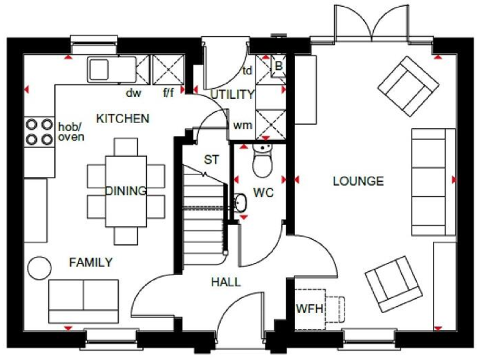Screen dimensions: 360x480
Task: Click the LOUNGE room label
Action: (x=357, y=181)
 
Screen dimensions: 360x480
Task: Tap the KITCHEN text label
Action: (x=122, y=118)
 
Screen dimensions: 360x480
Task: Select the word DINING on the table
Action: (x=126, y=191)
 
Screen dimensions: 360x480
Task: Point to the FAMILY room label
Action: (x=91, y=262)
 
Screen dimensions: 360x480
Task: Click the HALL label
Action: (x=226, y=282)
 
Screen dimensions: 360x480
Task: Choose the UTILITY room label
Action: (x=232, y=95)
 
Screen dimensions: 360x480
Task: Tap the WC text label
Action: (x=263, y=193)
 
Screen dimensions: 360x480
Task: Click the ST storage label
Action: (x=211, y=159)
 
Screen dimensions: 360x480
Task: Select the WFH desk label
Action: (x=309, y=309)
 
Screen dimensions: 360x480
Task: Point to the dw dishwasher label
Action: (x=134, y=94)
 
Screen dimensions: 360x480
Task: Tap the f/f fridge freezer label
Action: (x=170, y=94)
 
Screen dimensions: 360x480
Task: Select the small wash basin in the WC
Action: (x=241, y=202)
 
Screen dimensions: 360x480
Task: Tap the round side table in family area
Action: (x=39, y=267)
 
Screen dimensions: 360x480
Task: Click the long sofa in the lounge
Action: (x=433, y=181)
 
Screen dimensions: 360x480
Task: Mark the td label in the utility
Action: (x=247, y=70)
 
